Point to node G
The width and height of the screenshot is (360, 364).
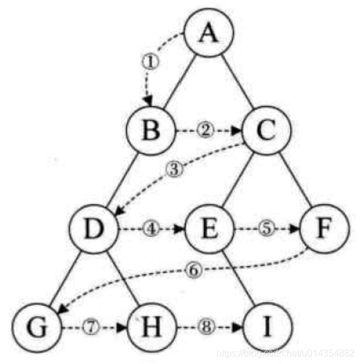point(36,325)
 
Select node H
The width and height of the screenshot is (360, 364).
point(152,325)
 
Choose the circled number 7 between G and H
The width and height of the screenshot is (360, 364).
point(93,326)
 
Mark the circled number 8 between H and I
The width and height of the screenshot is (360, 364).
point(209,326)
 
